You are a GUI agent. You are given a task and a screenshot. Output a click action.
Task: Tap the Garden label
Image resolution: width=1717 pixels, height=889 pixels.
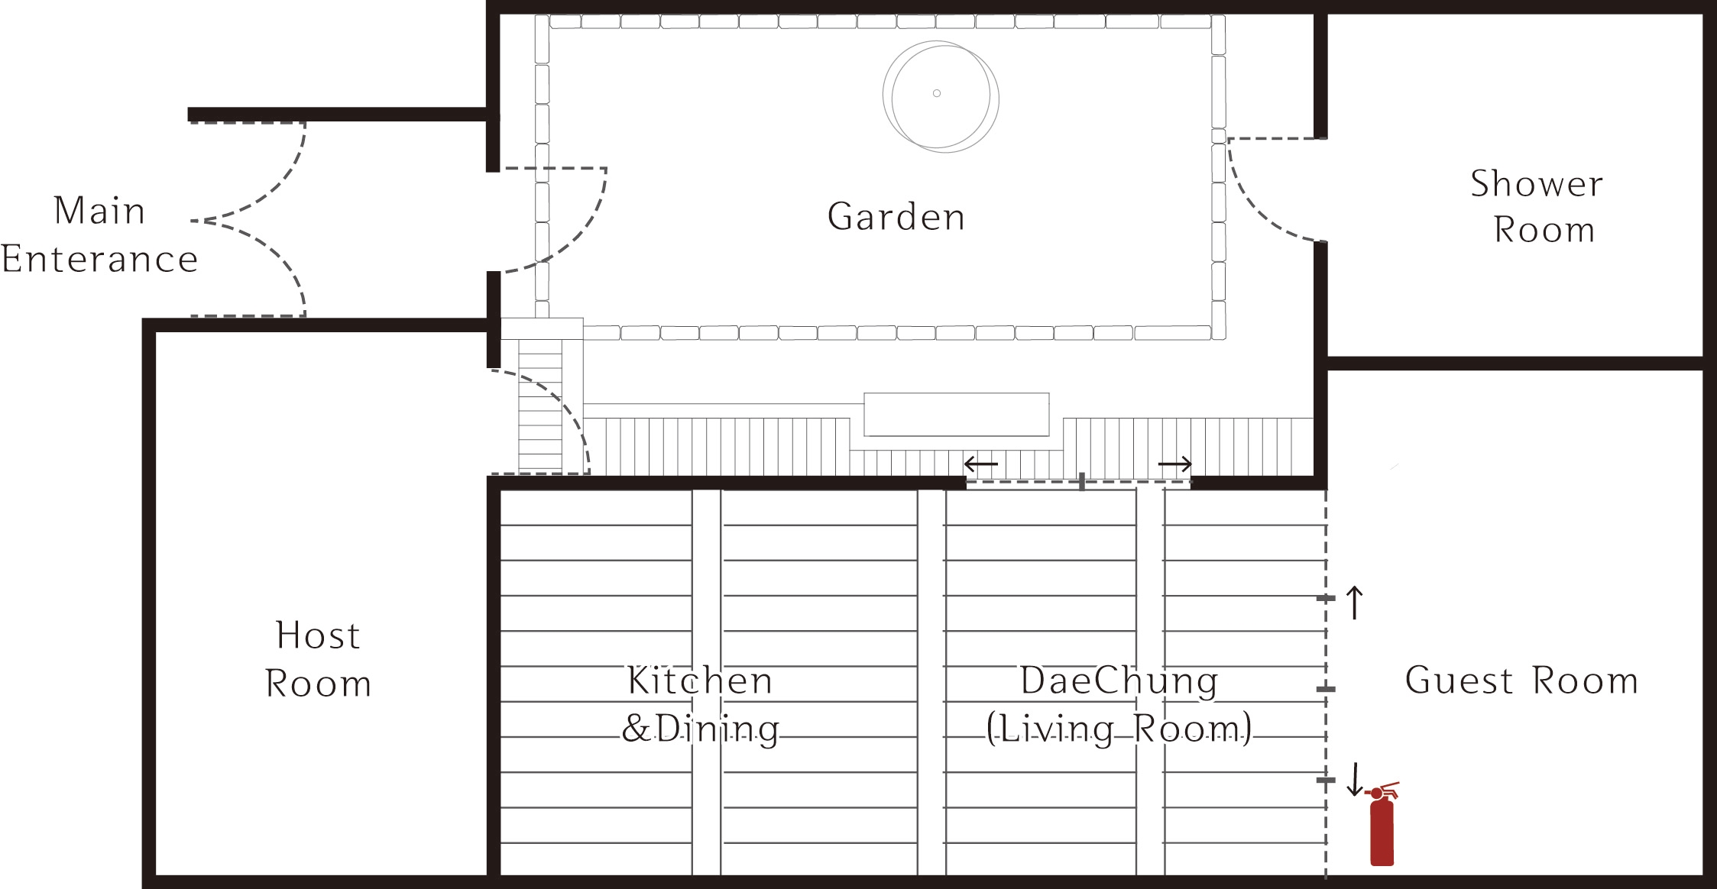896,217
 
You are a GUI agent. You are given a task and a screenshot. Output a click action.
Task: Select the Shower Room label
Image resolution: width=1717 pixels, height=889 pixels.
1537,206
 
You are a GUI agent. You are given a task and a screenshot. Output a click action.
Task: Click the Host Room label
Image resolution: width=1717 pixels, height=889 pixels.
318,659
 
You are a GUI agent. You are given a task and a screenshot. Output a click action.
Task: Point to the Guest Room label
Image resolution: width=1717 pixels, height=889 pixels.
1521,680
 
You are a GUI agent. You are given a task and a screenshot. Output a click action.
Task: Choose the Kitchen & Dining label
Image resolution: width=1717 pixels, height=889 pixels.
700,703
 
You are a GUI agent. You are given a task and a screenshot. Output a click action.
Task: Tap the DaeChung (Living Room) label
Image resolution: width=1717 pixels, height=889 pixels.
1119,703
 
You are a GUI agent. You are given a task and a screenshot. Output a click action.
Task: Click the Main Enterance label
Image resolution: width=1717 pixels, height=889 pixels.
99,234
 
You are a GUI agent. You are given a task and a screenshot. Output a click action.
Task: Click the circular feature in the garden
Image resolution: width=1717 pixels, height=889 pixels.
941,96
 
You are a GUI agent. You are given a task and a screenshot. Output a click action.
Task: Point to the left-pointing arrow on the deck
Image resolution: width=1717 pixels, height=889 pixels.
981,464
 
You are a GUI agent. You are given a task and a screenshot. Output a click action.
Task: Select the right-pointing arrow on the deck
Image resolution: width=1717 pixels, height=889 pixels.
1175,464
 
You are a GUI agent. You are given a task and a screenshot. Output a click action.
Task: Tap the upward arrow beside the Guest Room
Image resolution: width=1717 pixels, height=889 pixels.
1354,602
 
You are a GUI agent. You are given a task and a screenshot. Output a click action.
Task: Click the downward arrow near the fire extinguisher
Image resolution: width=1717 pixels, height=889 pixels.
1354,779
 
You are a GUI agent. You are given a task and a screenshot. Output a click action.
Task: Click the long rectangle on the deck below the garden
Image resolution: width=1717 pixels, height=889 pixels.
957,414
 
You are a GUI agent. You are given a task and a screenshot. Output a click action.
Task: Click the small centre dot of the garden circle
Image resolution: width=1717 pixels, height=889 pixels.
937,93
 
